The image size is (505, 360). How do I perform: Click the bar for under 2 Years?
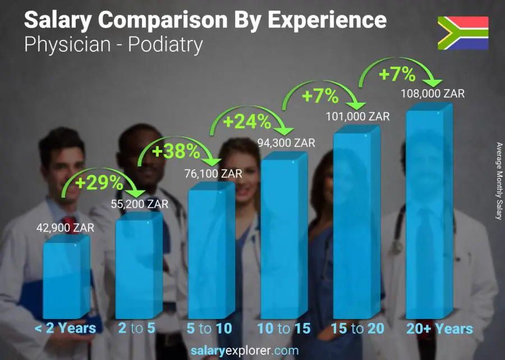pos(66,278)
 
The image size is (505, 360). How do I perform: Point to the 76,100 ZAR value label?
pos(214,174)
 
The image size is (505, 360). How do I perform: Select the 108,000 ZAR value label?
pos(433,94)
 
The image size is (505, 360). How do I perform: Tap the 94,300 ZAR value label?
pos(286,143)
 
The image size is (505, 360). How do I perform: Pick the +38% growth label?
pos(176,151)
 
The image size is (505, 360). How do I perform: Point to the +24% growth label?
pos(247,121)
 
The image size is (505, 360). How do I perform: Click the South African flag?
pos(463,33)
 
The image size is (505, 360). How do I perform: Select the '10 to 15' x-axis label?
pos(284,329)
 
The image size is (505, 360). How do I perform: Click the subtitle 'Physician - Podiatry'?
pos(113,44)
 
